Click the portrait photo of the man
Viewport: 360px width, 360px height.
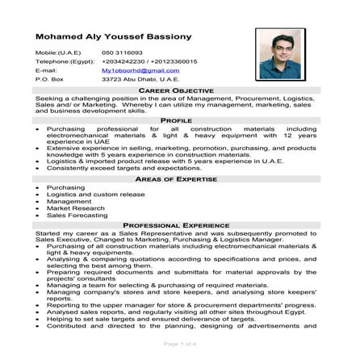click(x=282, y=53)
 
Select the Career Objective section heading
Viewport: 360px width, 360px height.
click(x=175, y=90)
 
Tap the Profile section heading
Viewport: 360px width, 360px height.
click(x=176, y=119)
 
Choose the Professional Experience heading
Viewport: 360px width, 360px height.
click(x=175, y=225)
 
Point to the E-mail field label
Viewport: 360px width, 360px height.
click(x=47, y=70)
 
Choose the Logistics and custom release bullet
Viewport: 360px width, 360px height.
click(x=90, y=195)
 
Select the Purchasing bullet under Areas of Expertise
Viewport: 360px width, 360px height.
click(x=65, y=187)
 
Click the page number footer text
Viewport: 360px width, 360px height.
click(x=179, y=343)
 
